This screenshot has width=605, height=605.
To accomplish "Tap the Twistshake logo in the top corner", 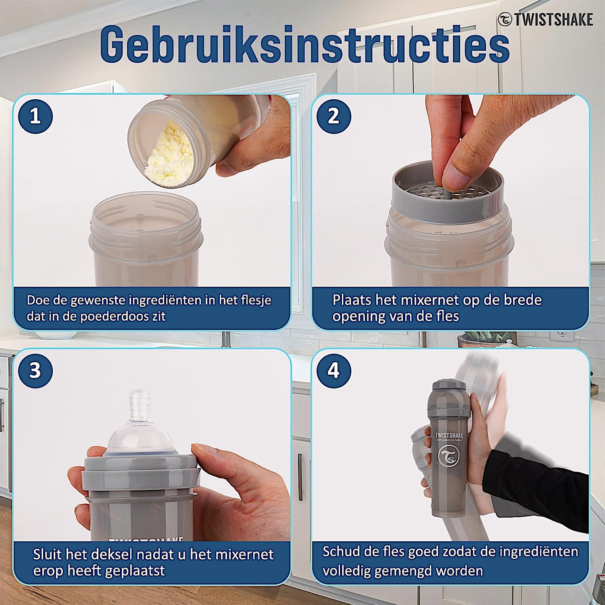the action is coord(546,20).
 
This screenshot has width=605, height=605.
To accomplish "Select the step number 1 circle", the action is coord(35,116).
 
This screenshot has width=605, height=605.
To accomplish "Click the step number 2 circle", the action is coord(333,116).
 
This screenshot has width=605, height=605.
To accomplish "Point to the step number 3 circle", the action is coord(35,371).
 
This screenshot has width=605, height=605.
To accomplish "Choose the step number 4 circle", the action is coord(333,371).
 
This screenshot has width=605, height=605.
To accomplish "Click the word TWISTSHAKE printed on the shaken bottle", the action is coord(449,435).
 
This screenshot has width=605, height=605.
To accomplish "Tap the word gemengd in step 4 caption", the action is coord(404,571).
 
